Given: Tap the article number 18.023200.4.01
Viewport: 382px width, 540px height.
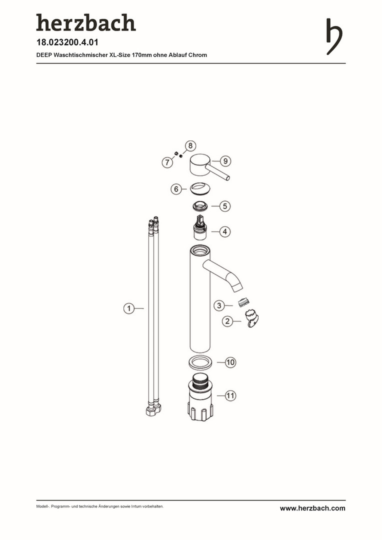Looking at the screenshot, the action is (x=67, y=42).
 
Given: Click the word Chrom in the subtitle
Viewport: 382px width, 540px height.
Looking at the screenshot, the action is (x=197, y=55).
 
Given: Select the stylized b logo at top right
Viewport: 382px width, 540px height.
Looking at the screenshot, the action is (x=334, y=36).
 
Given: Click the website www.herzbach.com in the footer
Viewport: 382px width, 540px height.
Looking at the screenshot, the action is (x=312, y=508).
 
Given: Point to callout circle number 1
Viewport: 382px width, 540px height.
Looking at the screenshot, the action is (x=129, y=308).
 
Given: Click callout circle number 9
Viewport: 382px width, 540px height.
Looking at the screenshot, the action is (x=225, y=161).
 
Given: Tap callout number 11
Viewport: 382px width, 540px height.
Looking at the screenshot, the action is (x=230, y=395).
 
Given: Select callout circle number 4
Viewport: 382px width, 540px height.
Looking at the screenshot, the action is (x=225, y=232).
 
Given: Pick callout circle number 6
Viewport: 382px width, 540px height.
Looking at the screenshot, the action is (x=176, y=189).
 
